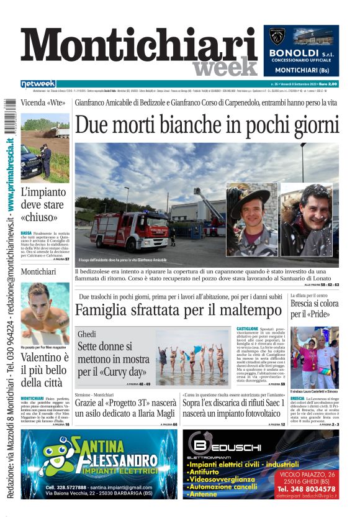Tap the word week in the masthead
click(225, 67)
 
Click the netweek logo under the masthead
click(38, 84)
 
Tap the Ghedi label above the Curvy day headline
click(87, 334)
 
